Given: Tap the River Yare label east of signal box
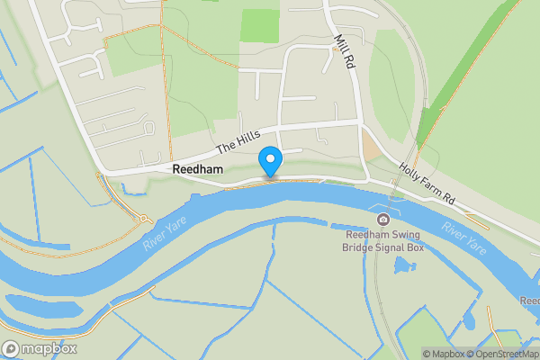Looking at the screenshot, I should click(464, 236).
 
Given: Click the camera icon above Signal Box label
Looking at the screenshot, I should click(383, 220).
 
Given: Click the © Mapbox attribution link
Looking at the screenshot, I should click(444, 354).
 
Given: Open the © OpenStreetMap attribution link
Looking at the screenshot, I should click(506, 354).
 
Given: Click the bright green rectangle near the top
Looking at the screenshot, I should click(260, 25).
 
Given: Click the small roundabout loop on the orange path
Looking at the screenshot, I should click(142, 218).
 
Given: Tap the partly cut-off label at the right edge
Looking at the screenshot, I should click(532, 301).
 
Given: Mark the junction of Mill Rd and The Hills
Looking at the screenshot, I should click(359, 121).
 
